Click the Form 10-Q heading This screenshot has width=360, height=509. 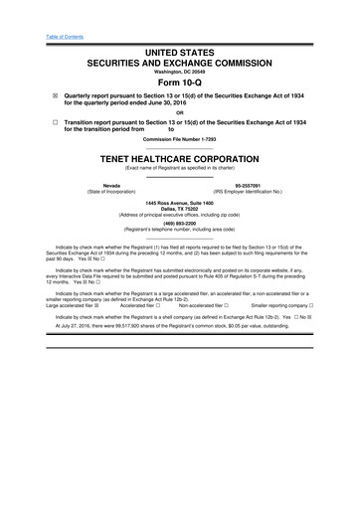(179, 83)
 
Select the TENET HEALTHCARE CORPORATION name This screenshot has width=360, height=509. (179, 185)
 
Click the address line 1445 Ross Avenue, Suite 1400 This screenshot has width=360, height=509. (179, 232)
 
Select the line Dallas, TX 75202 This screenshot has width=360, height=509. (179, 239)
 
